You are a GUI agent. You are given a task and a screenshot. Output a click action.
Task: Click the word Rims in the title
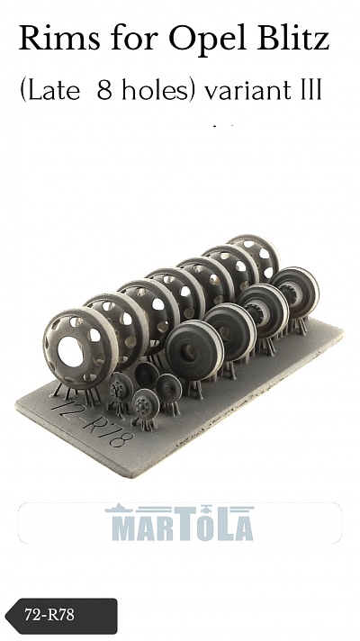[x=59, y=38]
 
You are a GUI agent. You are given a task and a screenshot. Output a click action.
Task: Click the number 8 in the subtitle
[x=104, y=90]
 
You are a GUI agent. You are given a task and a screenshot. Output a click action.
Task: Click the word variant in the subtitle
[x=250, y=90]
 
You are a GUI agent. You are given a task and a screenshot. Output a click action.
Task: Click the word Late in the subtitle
[x=53, y=90]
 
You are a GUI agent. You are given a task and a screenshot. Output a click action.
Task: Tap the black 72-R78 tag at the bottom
[x=61, y=616]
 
